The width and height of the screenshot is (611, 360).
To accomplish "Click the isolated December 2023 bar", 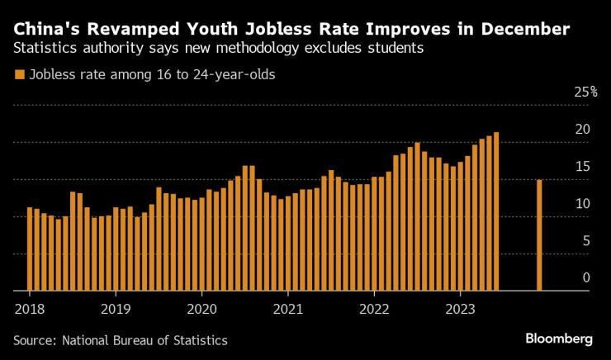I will tap(539, 235).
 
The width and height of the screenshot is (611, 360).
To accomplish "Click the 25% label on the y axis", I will tap(585, 92).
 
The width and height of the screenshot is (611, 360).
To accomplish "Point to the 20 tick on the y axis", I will tap(583, 130).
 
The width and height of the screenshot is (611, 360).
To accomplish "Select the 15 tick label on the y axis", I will tap(583, 167).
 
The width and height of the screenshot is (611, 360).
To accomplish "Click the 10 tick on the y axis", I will tap(583, 204).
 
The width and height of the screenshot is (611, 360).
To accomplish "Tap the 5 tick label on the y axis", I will tap(586, 241).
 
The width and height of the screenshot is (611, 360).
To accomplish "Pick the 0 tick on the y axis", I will tap(586, 278).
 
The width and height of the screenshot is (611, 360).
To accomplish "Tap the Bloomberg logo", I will tap(559, 339).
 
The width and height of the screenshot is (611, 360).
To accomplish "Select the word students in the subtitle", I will tap(395, 49).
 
